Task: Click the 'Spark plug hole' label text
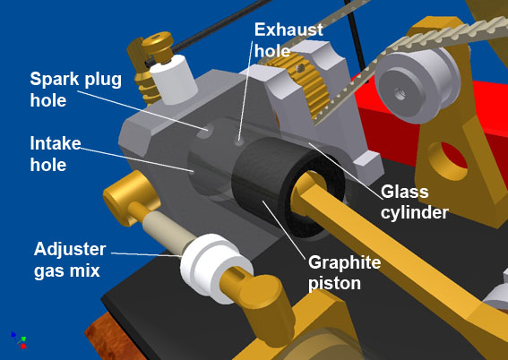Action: [76, 90]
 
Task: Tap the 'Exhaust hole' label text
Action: [288, 40]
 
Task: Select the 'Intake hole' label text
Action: [56, 154]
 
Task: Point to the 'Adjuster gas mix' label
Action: [70, 260]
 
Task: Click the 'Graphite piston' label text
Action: [344, 272]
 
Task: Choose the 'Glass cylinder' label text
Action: [414, 202]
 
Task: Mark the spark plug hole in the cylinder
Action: [204, 131]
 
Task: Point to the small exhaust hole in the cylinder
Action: [239, 142]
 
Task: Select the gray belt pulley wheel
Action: [417, 85]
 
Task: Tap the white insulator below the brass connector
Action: [174, 80]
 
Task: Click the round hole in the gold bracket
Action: [447, 161]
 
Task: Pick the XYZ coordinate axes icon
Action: [19, 339]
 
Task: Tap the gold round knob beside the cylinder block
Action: [131, 198]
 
